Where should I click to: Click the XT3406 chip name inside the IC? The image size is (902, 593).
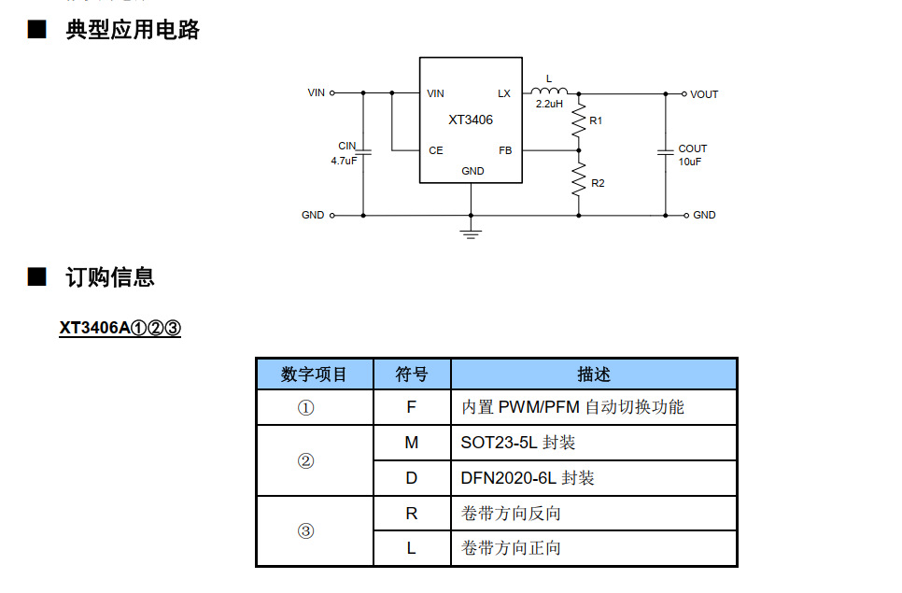tap(470, 120)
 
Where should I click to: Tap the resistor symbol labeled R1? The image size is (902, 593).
tap(579, 120)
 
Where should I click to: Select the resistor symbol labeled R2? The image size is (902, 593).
tap(579, 180)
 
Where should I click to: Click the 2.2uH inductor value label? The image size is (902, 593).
tap(549, 105)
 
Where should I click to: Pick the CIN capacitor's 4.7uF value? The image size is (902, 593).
tap(344, 161)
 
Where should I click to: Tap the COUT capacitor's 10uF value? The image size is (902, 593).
tap(690, 162)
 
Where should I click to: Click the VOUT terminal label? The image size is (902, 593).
tap(704, 94)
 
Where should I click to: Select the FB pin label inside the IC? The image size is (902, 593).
tap(504, 150)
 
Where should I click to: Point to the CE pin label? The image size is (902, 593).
tap(435, 150)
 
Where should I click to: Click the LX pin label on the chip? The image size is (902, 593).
tap(504, 94)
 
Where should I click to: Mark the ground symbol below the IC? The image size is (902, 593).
tap(471, 231)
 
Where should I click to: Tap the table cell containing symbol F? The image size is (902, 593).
tap(411, 407)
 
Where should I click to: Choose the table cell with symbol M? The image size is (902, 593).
tap(411, 443)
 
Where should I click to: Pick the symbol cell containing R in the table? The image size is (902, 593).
tap(411, 514)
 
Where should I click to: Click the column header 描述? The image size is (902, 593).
tap(593, 374)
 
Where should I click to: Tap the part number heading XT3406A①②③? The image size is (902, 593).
tap(120, 329)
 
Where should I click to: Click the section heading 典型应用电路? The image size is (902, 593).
tap(133, 30)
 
